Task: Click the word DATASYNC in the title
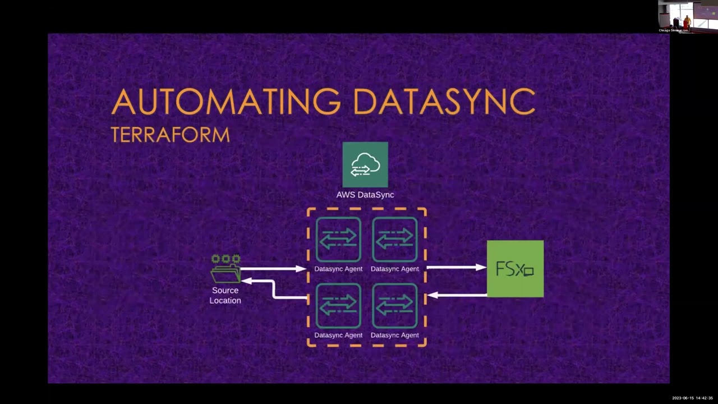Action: [444, 102]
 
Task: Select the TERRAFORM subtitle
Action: [170, 135]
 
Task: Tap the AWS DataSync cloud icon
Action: [365, 164]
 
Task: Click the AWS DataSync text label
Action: [365, 195]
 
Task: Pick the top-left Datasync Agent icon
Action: [338, 240]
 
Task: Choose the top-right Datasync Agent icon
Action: [394, 240]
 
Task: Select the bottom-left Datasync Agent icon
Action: [338, 306]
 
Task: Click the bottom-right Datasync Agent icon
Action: [394, 306]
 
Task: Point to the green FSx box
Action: [515, 269]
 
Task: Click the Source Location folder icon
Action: [225, 269]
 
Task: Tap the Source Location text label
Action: [225, 295]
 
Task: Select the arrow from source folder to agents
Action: [274, 269]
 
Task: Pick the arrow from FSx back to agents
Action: [457, 295]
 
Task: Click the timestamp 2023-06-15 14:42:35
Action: [692, 398]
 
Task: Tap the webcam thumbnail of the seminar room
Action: [688, 16]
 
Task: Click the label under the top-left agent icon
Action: [338, 269]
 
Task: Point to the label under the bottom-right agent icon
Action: [394, 335]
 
